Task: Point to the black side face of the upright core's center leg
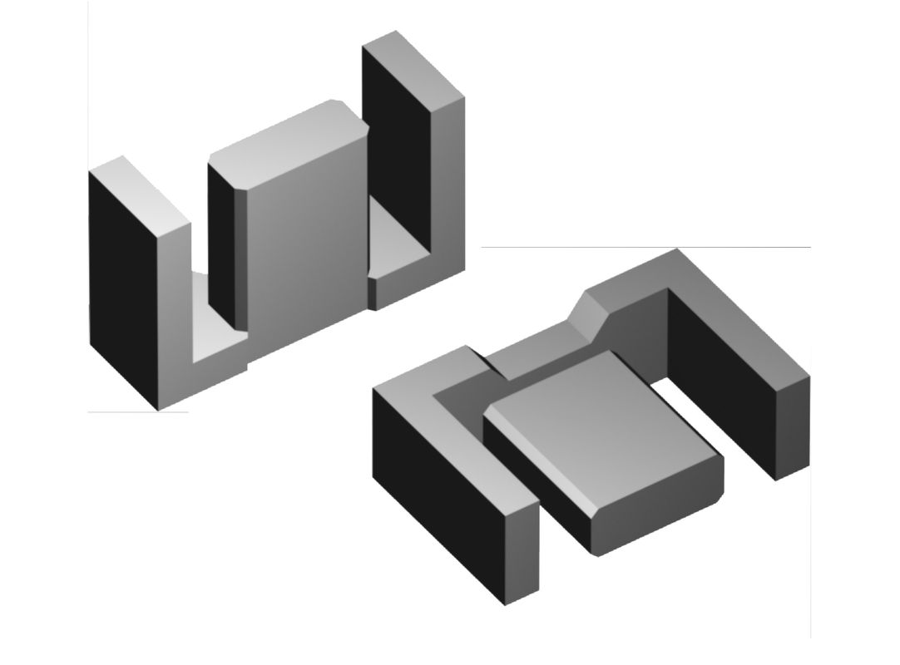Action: click(x=222, y=241)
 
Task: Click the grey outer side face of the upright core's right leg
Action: click(x=447, y=191)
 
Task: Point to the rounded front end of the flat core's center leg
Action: click(x=657, y=528)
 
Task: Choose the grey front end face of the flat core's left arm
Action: click(x=523, y=549)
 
